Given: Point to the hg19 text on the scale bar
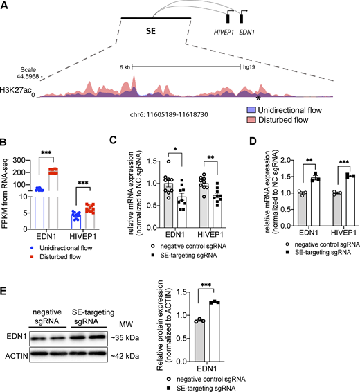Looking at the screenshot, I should point(248,67).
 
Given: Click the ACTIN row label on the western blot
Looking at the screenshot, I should point(17,357).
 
